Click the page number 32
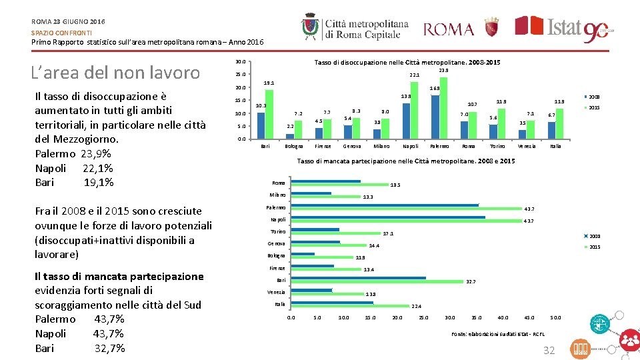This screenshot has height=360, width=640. coord(549,350)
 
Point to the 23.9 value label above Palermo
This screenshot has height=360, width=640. coord(443,70)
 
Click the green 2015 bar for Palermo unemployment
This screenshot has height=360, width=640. coord(444,107)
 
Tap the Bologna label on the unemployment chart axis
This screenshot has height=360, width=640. coord(294,146)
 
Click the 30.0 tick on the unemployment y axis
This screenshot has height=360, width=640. coord(241,62)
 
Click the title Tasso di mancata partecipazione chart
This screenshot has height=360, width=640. coord(405,161)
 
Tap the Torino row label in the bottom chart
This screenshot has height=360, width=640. coord(278,231)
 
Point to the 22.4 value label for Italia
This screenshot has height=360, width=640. coord(417,306)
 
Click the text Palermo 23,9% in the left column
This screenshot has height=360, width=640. coord(73,153)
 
